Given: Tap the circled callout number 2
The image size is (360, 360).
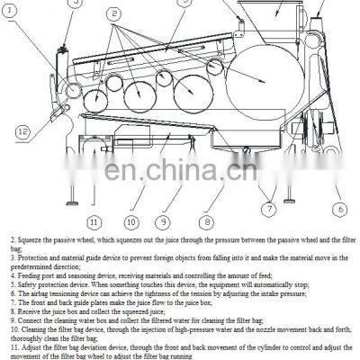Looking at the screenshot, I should pyautogui.click(x=113, y=15).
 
